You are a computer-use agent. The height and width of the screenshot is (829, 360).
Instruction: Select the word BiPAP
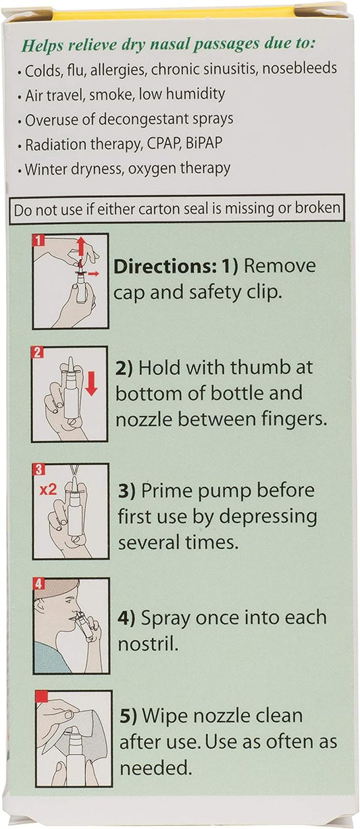tap(204, 143)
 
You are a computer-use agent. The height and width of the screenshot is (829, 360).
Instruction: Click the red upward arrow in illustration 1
tap(82, 246)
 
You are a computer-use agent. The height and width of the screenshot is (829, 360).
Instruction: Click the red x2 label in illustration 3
tap(49, 489)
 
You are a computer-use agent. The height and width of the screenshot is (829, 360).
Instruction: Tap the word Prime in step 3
tap(167, 491)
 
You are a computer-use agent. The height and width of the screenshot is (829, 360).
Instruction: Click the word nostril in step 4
tap(148, 645)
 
